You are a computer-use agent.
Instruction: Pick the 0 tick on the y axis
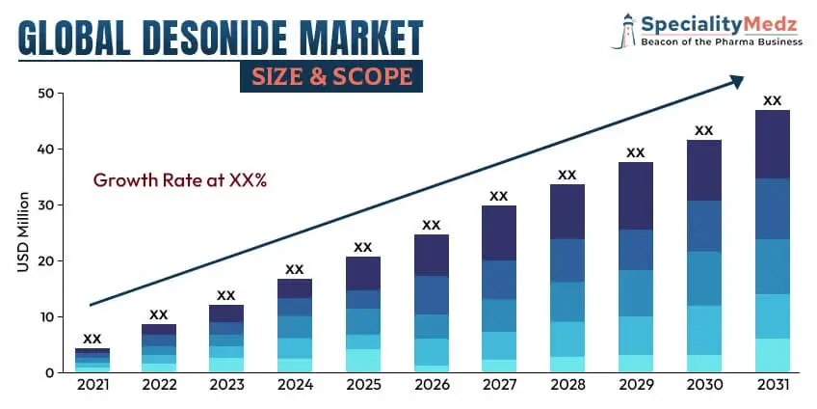pyautogui.click(x=49, y=372)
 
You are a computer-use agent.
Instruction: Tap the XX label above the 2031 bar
pyautogui.click(x=772, y=100)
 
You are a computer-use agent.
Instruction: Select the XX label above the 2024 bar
pyautogui.click(x=295, y=269)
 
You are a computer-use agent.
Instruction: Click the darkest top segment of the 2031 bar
pyautogui.click(x=772, y=145)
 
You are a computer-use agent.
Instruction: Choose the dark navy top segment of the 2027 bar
pyautogui.click(x=498, y=232)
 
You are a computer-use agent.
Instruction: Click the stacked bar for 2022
pyautogui.click(x=159, y=348)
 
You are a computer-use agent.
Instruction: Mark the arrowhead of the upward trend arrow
pyautogui.click(x=736, y=83)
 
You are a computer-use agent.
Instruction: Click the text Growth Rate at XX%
pyautogui.click(x=179, y=179)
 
